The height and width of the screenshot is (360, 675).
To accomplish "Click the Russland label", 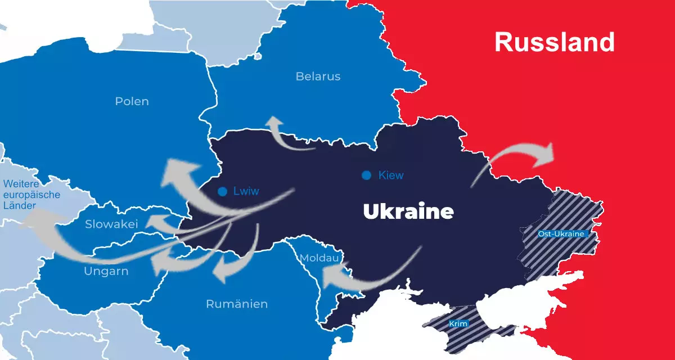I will tap(554, 42).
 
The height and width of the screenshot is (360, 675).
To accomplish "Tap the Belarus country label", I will tap(318, 76).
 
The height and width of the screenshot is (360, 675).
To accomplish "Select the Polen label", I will tap(132, 102).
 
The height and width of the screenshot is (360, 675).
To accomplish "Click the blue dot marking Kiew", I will tap(367, 175).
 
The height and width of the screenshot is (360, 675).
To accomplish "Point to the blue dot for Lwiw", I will tap(223, 191).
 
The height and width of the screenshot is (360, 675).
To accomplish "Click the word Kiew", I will tap(391, 175).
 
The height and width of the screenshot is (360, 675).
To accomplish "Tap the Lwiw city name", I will tap(246, 191).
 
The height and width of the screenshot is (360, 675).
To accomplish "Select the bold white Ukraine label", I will tap(408, 212).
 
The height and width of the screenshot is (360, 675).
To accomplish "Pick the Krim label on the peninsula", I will tap(458, 324).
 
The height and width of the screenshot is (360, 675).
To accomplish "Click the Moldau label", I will tap(319, 258).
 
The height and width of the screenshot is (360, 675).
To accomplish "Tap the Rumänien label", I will tap(237, 304).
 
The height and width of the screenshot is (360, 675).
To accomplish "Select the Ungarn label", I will tap(106, 272).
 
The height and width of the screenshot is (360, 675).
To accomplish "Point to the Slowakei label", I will tap(111, 224).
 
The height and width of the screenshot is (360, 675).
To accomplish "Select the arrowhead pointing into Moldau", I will tap(332, 275).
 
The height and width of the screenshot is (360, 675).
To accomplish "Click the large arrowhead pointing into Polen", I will tap(177, 172).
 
